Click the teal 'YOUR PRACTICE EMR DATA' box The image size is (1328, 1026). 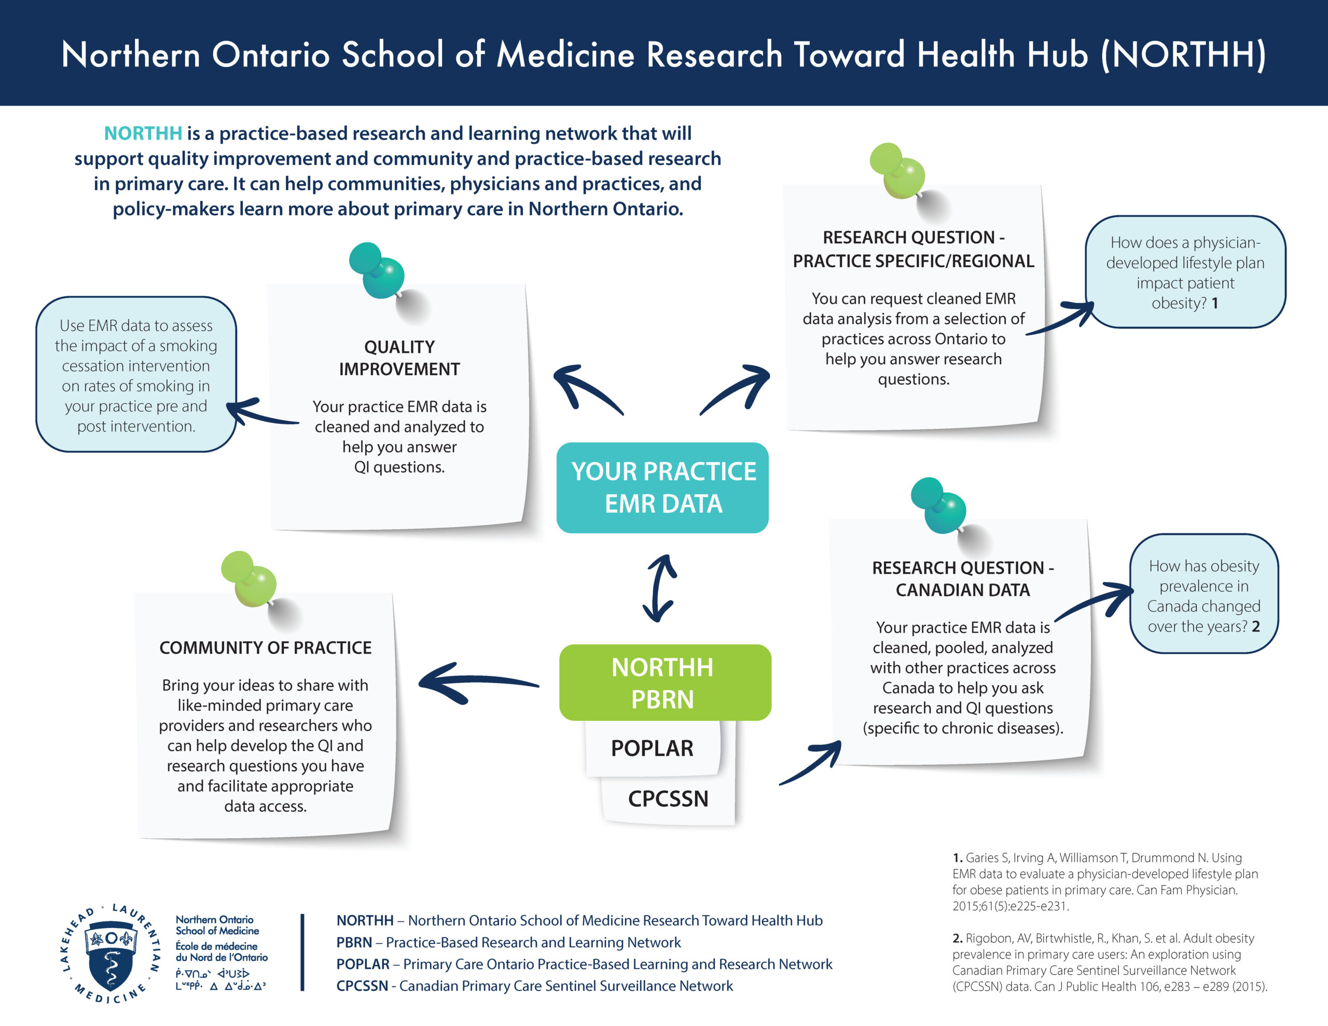pos(662,488)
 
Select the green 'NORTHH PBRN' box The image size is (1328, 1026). pos(665,683)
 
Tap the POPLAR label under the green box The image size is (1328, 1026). pos(652,748)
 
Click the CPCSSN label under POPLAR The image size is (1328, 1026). pos(668,798)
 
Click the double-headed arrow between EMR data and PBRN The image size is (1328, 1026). pos(660,588)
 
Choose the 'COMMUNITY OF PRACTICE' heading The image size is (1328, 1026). pos(265,648)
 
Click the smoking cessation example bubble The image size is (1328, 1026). pos(136,375)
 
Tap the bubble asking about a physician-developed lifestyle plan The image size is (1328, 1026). pos(1185,272)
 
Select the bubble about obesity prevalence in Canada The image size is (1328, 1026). pos(1204,593)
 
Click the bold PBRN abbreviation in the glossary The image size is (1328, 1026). pos(354,942)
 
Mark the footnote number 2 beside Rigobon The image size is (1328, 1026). pos(957,938)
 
